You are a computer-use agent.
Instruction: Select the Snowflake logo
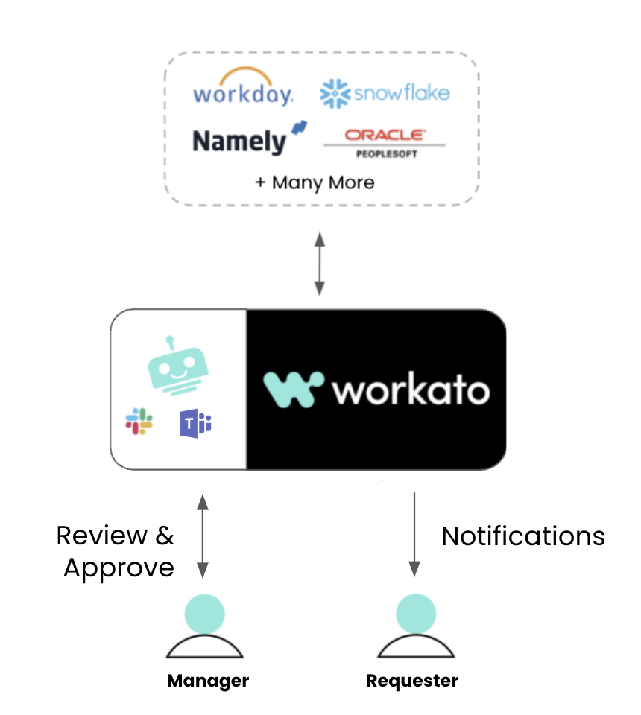tap(385, 94)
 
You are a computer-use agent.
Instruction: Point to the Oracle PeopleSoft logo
tap(384, 142)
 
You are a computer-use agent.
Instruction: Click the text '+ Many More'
tap(315, 182)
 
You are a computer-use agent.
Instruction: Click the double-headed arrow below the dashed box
tap(320, 262)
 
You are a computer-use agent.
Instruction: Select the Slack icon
tap(139, 422)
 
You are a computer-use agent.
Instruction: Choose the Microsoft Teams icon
tap(195, 423)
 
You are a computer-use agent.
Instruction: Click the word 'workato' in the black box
tap(411, 390)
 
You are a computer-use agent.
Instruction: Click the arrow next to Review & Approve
tap(202, 535)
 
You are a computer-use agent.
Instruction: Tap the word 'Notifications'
tap(523, 536)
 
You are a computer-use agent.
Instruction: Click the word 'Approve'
tap(119, 568)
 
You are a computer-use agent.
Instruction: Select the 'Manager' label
tap(207, 680)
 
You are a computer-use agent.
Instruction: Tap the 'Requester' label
tap(412, 680)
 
